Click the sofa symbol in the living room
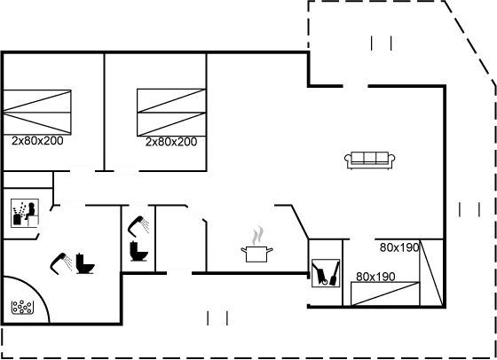click(369, 159)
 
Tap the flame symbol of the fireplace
click(258, 237)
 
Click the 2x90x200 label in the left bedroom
click(36, 141)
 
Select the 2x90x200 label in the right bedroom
click(170, 141)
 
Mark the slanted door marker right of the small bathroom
click(195, 213)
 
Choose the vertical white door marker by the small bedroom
click(306, 291)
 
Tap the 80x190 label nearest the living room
click(398, 247)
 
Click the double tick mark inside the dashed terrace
click(383, 43)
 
